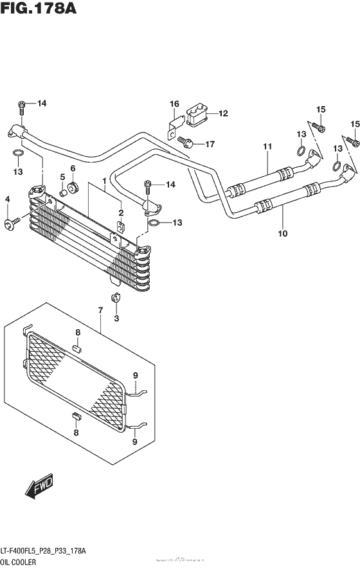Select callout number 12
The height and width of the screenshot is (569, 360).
pos(223,114)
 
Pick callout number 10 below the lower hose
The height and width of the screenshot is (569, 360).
pos(282,234)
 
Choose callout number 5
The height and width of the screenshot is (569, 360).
pos(62,177)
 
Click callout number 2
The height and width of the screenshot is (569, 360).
pos(120,213)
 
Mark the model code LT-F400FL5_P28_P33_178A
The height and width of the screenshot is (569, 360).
pos(49,551)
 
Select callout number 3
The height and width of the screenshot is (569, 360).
pos(116,318)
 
